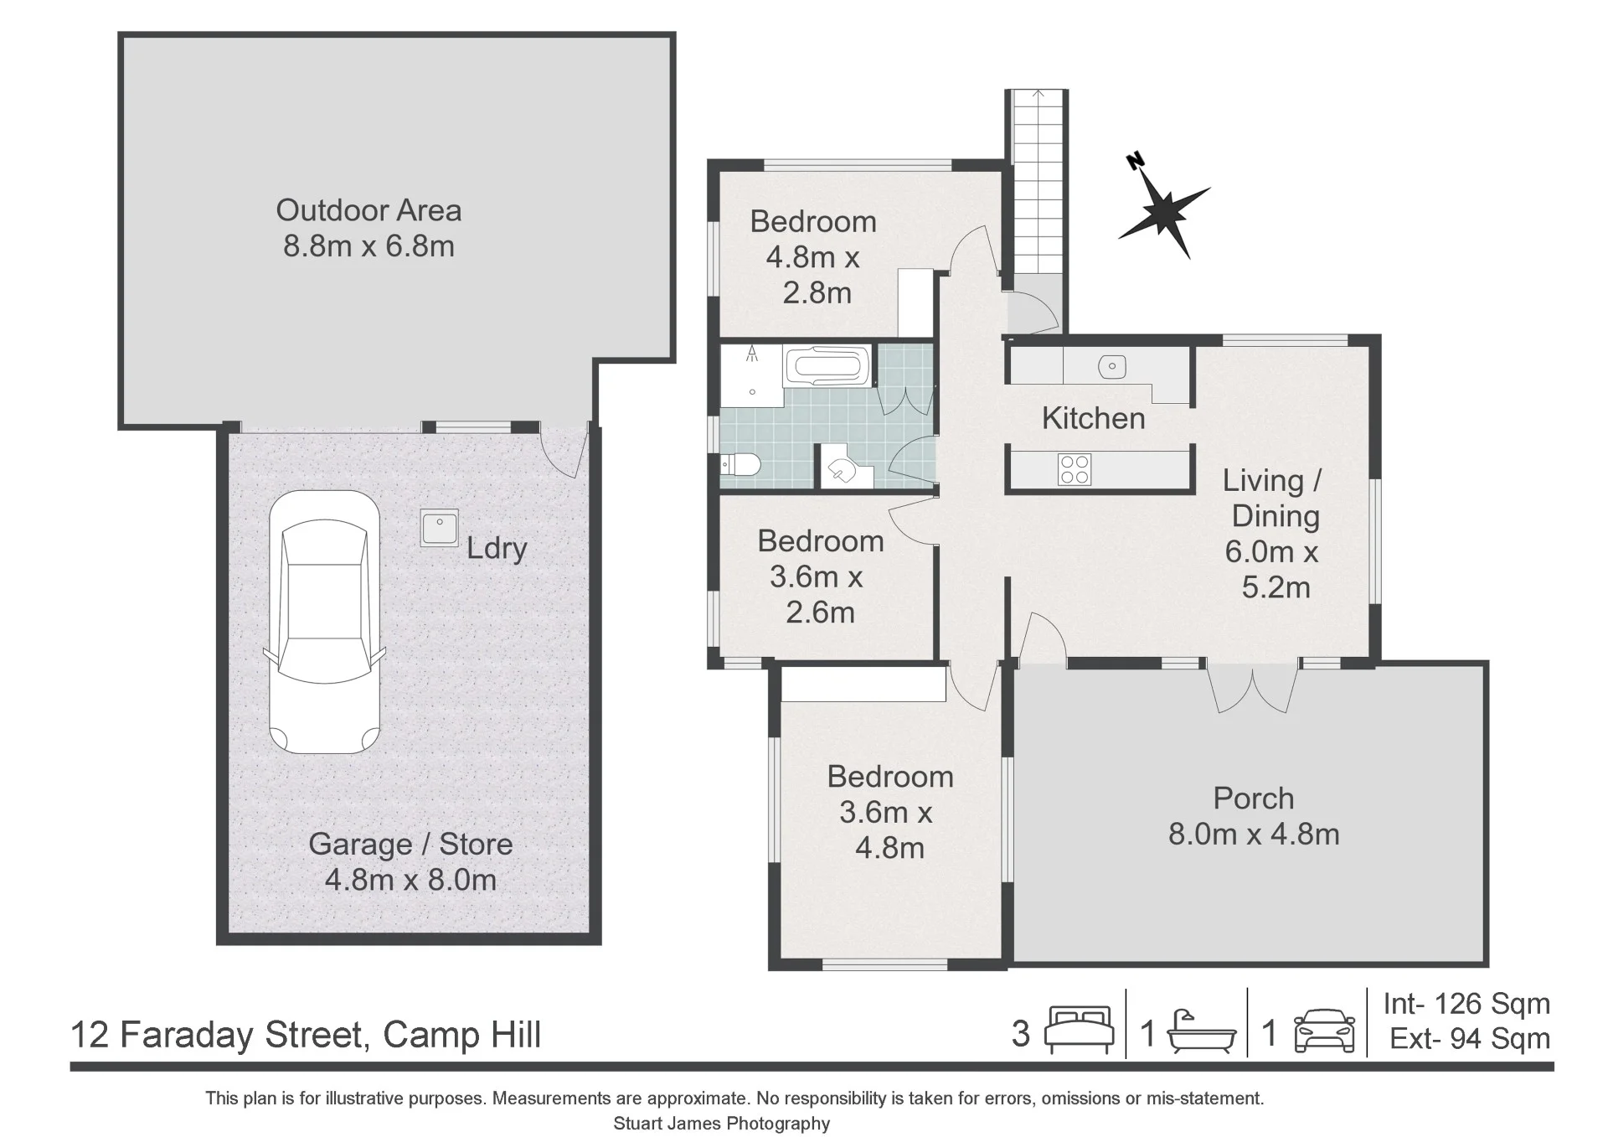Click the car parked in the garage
point(324,622)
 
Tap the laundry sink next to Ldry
point(440,529)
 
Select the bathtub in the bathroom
point(827,367)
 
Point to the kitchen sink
point(1111,366)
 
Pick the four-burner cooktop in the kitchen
point(1075,469)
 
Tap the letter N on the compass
point(1136,161)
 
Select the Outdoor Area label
point(368,210)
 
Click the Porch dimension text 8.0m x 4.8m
point(1254,835)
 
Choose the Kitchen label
point(1093,418)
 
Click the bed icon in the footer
point(1080,1030)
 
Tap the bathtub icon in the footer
point(1201,1031)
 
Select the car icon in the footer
point(1324,1031)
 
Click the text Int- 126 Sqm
point(1466,1004)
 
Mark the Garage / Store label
point(410,845)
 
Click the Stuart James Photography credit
point(721,1124)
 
